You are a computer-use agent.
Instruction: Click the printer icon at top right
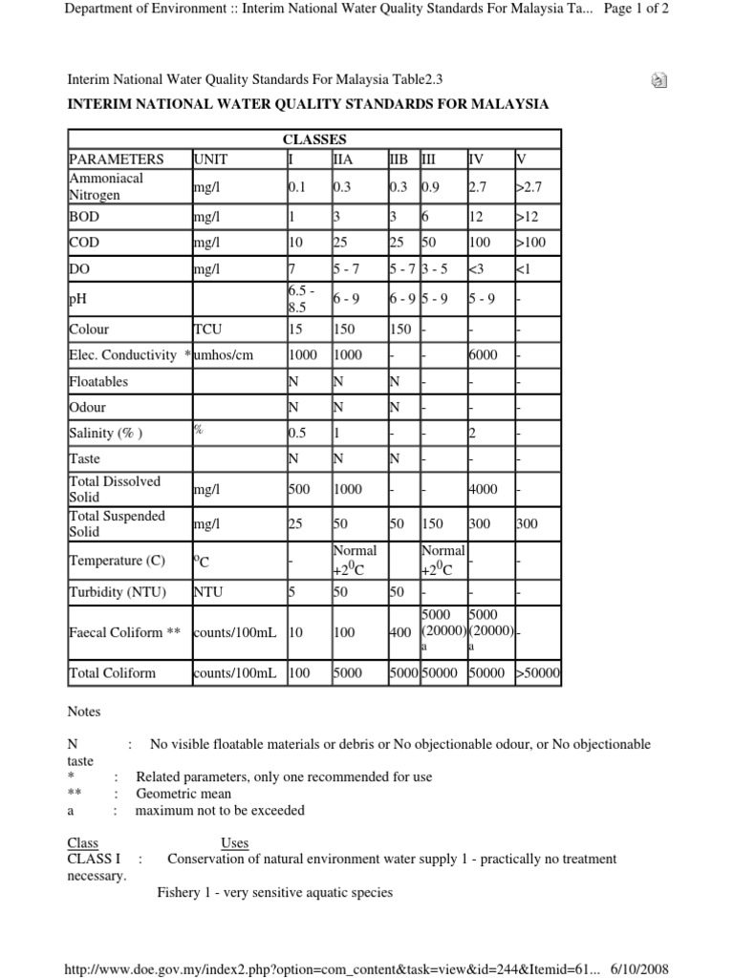tap(658, 81)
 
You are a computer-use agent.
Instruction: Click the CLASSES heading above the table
tap(313, 138)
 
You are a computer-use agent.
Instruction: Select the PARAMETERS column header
tap(117, 159)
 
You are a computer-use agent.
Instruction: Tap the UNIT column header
tap(210, 159)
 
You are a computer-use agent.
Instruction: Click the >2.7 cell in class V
tap(532, 187)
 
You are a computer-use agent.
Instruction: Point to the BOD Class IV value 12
tap(478, 216)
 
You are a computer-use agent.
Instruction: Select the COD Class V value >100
tap(534, 243)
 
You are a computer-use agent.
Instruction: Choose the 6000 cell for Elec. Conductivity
tap(484, 354)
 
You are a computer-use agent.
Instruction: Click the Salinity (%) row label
tap(106, 433)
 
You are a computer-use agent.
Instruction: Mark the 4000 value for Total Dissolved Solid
tap(484, 489)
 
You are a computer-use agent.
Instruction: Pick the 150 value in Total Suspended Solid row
tap(435, 523)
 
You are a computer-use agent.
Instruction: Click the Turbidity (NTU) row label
tap(118, 591)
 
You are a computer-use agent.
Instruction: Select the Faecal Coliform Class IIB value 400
tap(400, 631)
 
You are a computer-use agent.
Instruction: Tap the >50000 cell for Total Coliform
tap(540, 673)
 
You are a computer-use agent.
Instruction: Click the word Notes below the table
tap(83, 712)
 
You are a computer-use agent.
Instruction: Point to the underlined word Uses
tap(235, 843)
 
